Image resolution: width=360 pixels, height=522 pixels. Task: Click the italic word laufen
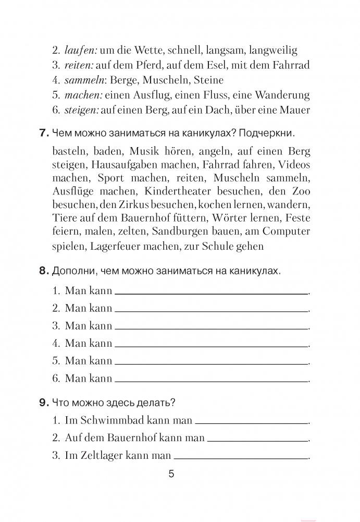[78, 51]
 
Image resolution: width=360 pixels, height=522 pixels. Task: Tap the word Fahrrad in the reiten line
[291, 65]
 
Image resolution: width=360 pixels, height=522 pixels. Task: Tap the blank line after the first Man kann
[211, 294]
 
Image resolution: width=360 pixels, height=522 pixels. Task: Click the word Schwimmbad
[111, 420]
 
